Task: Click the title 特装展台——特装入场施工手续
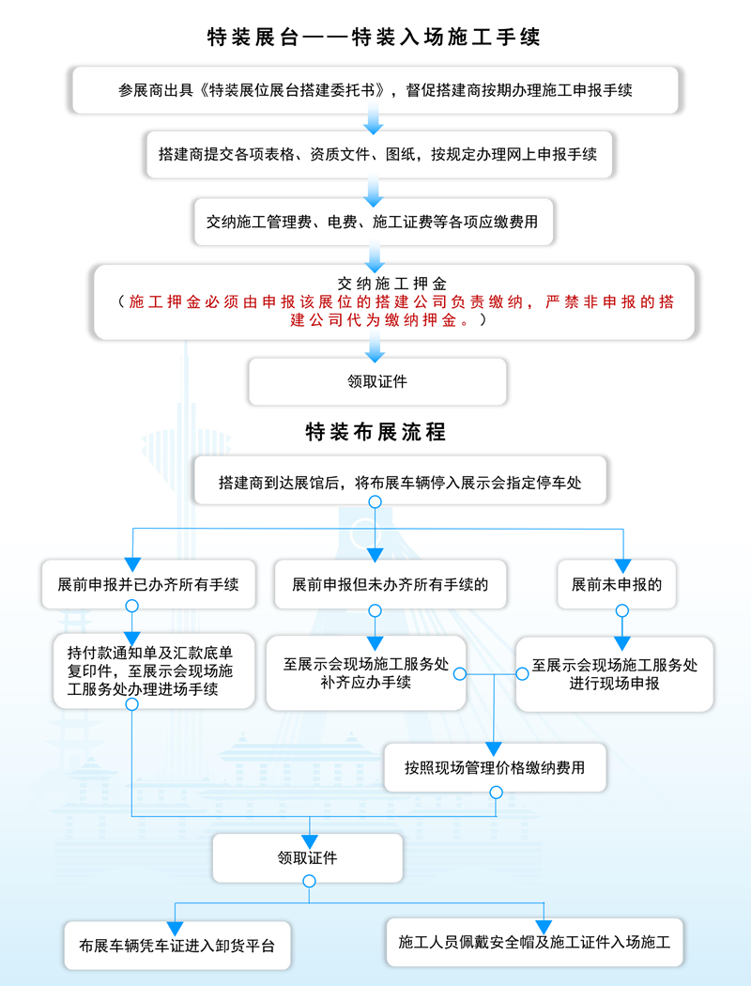(375, 38)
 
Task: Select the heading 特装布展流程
(375, 432)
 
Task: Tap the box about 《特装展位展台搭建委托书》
(375, 91)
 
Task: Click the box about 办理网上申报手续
(378, 154)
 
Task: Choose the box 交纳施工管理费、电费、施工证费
(374, 223)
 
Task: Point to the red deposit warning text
(393, 311)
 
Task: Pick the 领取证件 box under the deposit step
(377, 381)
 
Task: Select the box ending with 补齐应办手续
(366, 673)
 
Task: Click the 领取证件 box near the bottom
(308, 857)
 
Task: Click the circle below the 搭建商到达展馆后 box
(375, 502)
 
